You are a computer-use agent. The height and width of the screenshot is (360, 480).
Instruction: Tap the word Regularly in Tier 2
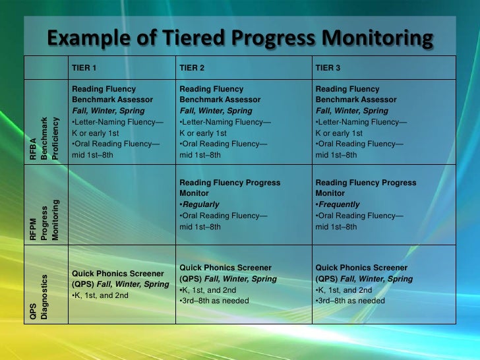[x=200, y=204]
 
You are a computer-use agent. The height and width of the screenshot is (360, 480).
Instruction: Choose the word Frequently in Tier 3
[x=339, y=204]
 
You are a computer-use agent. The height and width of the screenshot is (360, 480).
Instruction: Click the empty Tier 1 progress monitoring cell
[x=122, y=204]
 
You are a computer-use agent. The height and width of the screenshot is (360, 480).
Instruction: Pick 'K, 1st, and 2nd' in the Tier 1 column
[x=102, y=295]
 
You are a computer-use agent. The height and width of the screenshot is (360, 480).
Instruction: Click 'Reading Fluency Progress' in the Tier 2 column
[x=229, y=183]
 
